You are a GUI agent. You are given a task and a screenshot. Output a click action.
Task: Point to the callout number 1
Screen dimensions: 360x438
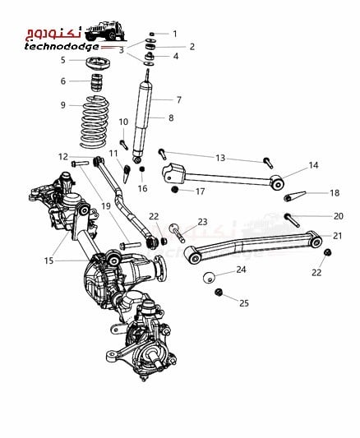(x=175, y=34)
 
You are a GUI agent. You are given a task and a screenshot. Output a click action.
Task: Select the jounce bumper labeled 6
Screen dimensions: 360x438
(x=97, y=82)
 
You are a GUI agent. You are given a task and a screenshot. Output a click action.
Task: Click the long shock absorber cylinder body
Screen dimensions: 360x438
(x=142, y=118)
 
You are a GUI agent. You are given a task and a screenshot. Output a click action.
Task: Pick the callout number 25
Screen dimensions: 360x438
(x=244, y=303)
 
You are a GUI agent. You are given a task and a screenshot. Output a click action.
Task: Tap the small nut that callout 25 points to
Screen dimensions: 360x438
(x=219, y=293)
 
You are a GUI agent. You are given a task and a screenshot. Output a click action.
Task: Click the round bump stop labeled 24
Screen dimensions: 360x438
(x=210, y=277)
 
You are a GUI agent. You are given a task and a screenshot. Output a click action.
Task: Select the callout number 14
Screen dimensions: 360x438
(x=313, y=165)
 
